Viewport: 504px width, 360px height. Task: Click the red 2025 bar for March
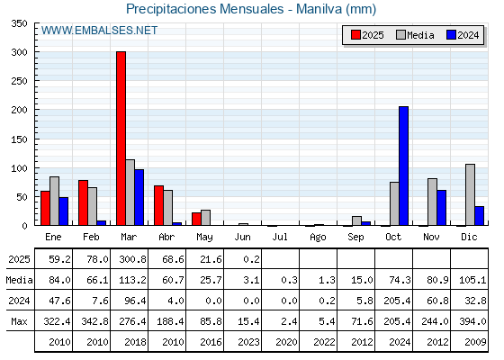tap(121, 139)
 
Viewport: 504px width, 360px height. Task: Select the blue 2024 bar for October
tap(404, 166)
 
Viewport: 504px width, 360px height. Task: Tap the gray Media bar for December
tap(470, 194)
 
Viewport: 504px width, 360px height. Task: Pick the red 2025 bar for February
tap(83, 202)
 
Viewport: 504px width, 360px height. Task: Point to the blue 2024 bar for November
tap(442, 208)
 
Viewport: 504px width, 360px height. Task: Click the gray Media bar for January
tap(55, 201)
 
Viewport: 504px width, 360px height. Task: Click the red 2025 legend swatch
tap(355, 35)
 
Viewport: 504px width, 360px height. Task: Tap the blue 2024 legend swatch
tap(451, 35)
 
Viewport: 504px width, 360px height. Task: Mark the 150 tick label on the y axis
tap(19, 139)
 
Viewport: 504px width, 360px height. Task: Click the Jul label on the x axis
tap(280, 237)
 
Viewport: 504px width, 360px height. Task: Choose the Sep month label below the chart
tap(355, 238)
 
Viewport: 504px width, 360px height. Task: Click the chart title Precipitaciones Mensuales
tap(205, 9)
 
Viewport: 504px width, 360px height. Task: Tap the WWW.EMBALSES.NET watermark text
tap(99, 31)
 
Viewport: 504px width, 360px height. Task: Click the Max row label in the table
tap(19, 321)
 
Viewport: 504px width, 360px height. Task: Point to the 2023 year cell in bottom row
tap(248, 342)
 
